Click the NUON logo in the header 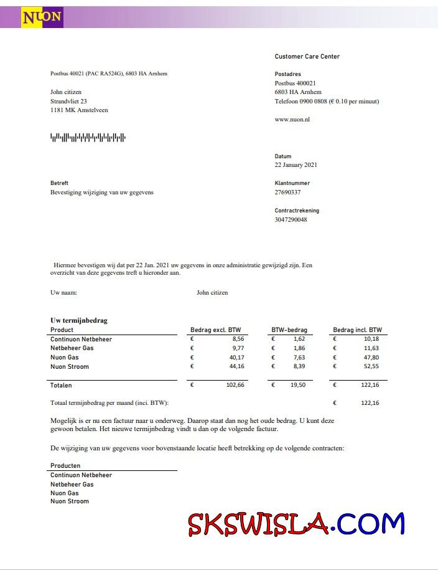(42, 17)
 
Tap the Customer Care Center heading (307, 57)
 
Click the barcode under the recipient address (88, 137)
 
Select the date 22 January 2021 (296, 165)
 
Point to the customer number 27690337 (287, 192)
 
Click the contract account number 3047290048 (291, 219)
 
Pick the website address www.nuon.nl (292, 119)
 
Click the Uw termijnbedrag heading (78, 320)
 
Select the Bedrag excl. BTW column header (215, 330)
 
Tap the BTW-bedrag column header (289, 330)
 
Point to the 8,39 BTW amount (298, 367)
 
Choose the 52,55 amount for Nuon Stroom (371, 367)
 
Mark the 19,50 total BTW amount (297, 386)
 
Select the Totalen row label (61, 386)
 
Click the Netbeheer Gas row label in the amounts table (72, 348)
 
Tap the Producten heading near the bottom (65, 465)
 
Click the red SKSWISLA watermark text (258, 525)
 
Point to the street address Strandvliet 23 (68, 101)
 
